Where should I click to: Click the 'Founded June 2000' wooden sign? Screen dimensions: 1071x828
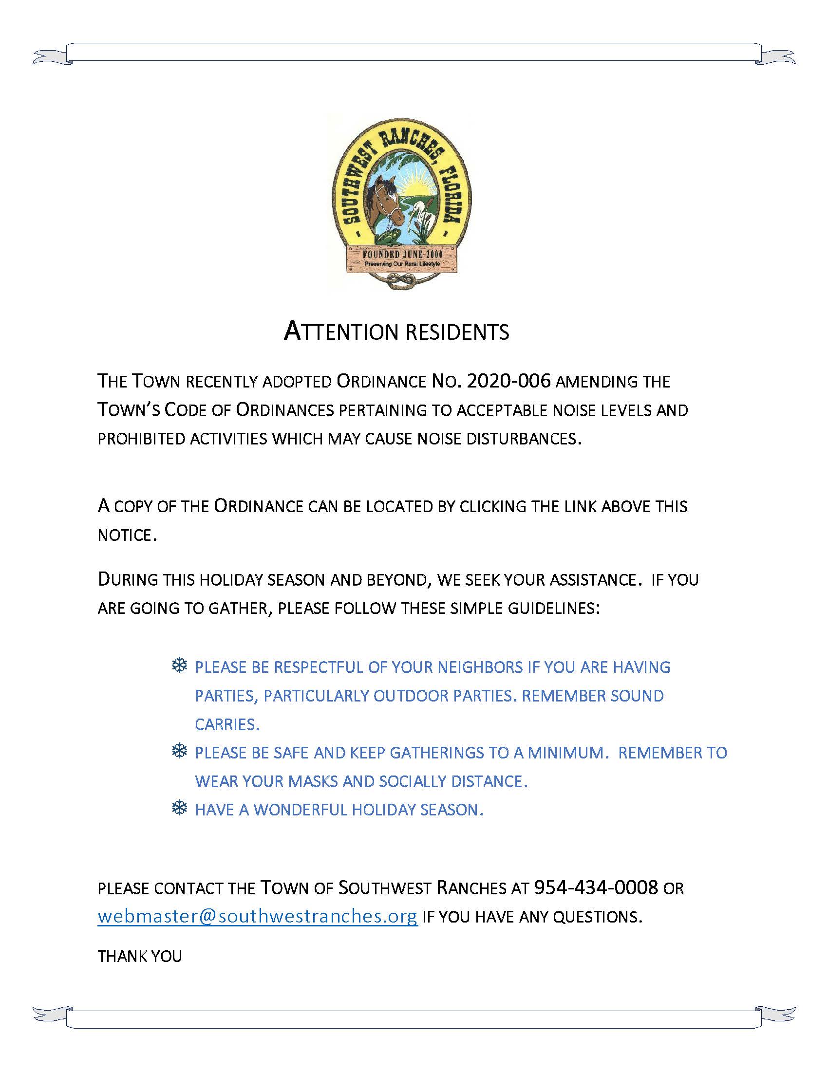(x=402, y=258)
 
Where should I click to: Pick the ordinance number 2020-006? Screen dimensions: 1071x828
(x=508, y=381)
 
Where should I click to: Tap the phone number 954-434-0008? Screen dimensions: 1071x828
(x=596, y=887)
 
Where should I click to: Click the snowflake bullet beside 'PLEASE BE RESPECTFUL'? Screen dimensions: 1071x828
(x=180, y=666)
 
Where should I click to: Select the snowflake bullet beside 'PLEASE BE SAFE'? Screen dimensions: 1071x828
(x=180, y=751)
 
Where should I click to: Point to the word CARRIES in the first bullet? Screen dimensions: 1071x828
(x=226, y=724)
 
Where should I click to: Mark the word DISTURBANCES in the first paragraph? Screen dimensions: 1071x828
(x=523, y=439)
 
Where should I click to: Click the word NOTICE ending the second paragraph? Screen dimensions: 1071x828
(x=127, y=535)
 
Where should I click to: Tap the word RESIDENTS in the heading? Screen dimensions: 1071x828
(x=458, y=332)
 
